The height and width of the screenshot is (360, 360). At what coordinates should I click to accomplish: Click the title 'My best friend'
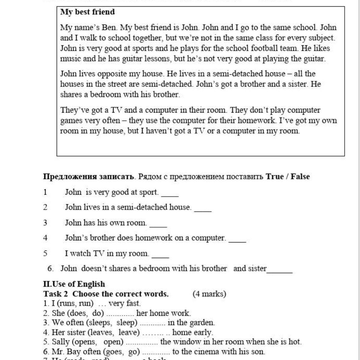point(87,12)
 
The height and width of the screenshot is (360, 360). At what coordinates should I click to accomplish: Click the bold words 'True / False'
point(287,176)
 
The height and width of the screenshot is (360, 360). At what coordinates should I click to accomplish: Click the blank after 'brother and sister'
point(280,271)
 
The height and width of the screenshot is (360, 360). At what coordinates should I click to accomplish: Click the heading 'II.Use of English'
point(74,284)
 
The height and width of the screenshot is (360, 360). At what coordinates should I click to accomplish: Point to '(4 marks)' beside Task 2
point(209,294)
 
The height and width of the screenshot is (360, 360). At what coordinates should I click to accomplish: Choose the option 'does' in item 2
point(79,313)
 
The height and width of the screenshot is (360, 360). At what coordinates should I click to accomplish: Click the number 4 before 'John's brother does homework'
point(45,238)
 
